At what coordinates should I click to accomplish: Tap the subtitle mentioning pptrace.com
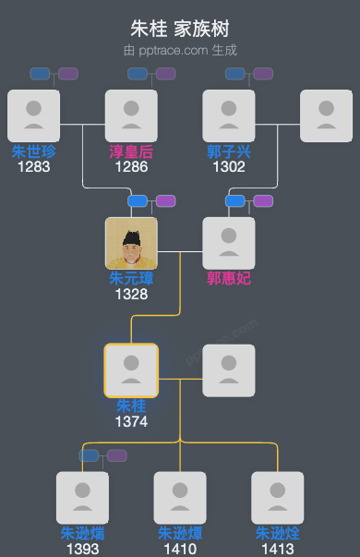tap(179, 49)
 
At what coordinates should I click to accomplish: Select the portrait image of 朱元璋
tap(131, 243)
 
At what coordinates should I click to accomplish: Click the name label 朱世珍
tap(33, 151)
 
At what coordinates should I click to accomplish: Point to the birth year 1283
tap(33, 167)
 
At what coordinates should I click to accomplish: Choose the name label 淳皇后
tap(131, 151)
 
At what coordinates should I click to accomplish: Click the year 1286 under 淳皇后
tap(131, 167)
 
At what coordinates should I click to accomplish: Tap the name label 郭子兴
tap(229, 151)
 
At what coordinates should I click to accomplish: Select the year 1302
tap(229, 167)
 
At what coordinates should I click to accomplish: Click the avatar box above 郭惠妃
tap(229, 243)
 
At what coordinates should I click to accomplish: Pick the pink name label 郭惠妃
tap(229, 278)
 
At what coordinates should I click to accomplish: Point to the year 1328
tap(131, 294)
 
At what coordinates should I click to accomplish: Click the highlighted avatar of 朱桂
tap(131, 370)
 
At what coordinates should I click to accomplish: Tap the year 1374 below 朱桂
tap(131, 421)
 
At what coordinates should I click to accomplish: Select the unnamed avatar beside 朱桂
tap(229, 370)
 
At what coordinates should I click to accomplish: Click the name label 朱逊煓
tap(82, 533)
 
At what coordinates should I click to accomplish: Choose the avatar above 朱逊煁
tap(180, 498)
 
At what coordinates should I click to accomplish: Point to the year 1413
tap(278, 549)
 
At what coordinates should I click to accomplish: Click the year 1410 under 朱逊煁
tap(180, 549)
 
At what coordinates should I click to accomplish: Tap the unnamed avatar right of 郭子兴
tap(327, 115)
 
